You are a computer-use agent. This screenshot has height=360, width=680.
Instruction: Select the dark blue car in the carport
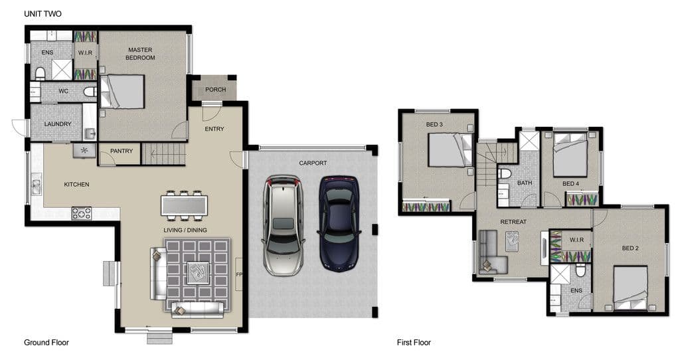[x=339, y=223]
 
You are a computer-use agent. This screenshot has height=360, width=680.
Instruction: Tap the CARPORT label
[x=313, y=163]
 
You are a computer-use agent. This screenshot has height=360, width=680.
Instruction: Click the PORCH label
[x=216, y=90]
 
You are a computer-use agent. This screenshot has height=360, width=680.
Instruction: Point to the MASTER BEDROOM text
[x=140, y=54]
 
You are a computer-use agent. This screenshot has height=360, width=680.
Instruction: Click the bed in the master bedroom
[x=122, y=92]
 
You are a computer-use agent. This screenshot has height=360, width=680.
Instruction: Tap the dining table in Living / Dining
[x=185, y=206]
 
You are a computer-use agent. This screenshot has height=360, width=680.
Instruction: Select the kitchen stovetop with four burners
[x=82, y=213]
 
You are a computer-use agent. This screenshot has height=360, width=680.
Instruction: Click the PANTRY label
[x=122, y=151]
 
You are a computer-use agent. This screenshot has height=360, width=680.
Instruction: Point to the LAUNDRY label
[x=58, y=124]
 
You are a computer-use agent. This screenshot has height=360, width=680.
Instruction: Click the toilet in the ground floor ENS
[x=40, y=74]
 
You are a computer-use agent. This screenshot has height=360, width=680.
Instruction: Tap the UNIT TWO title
[x=42, y=14]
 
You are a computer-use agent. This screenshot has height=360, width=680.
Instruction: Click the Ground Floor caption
[x=46, y=343]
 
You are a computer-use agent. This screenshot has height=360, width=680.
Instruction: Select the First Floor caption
[x=414, y=343]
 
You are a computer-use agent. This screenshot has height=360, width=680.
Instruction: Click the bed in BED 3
[x=450, y=149]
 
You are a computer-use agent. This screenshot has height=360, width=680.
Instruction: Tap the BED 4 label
[x=570, y=184]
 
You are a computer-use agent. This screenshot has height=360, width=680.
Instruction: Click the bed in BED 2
[x=631, y=288]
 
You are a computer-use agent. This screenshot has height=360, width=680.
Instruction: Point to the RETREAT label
[x=513, y=222]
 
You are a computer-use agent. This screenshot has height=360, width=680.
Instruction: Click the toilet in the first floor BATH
[x=505, y=174]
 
